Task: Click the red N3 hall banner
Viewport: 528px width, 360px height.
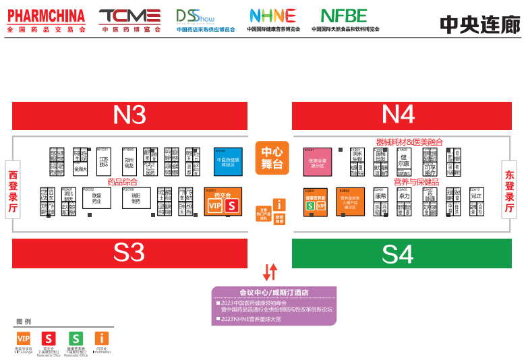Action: tap(129, 115)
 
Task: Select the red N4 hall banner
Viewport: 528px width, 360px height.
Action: tap(398, 115)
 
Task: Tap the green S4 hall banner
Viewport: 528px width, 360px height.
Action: tap(398, 253)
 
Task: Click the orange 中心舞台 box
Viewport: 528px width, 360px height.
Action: tap(272, 158)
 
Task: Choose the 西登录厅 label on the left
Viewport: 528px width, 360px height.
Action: tap(12, 191)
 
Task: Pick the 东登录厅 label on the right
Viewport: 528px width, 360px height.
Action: tap(510, 191)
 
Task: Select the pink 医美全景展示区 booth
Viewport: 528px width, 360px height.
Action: tap(318, 162)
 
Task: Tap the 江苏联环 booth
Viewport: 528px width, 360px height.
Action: tap(104, 161)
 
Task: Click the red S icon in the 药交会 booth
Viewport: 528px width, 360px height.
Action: tap(232, 206)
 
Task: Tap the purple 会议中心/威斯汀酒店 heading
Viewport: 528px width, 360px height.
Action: tap(274, 293)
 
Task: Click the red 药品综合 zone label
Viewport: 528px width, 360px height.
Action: tap(122, 181)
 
